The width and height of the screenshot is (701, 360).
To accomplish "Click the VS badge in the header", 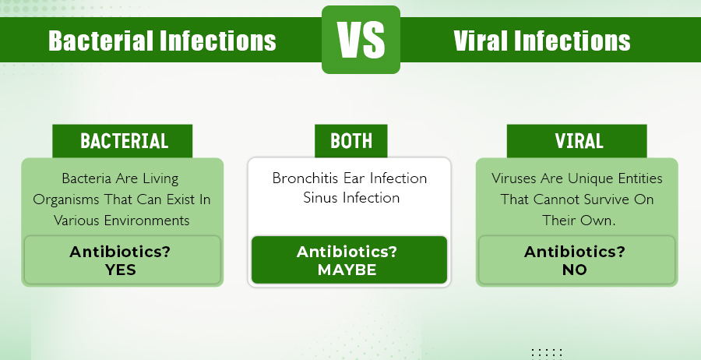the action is (x=361, y=40).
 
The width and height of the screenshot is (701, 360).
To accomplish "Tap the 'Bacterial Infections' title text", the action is (x=162, y=41).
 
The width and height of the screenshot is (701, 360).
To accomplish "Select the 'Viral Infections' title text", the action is (x=542, y=41).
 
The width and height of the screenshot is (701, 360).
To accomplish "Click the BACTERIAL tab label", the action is (x=125, y=141).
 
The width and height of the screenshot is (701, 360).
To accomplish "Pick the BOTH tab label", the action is (x=351, y=141).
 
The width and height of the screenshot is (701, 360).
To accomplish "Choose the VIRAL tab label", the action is (x=579, y=141).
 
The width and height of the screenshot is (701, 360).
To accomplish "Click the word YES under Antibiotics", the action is (x=121, y=270).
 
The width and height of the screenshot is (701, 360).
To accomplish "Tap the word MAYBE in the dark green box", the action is (x=347, y=270).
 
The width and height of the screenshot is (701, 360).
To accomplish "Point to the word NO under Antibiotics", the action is (x=575, y=270).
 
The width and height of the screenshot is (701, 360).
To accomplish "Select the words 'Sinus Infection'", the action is (x=351, y=198).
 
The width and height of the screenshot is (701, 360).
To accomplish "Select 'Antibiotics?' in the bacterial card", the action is (x=120, y=252).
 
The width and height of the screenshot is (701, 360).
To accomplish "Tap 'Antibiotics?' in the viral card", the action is (x=575, y=252).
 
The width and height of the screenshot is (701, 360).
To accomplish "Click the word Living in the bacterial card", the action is (x=160, y=179).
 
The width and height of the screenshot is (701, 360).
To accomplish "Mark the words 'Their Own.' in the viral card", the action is (x=579, y=221).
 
